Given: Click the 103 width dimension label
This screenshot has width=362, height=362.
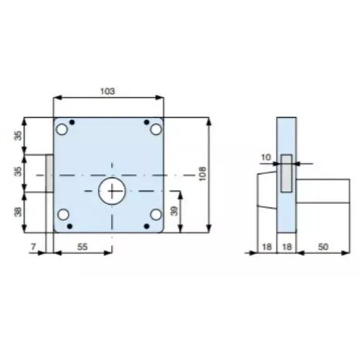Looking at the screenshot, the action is click(x=108, y=91).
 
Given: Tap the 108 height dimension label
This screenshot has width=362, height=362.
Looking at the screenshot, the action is click(x=203, y=174).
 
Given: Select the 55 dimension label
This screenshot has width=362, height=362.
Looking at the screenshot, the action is click(x=82, y=246).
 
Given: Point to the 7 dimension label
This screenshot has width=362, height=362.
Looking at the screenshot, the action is click(x=33, y=246).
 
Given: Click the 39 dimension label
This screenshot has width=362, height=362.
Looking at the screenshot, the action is click(x=174, y=211).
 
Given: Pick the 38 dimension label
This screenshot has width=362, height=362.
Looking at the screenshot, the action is click(x=18, y=212).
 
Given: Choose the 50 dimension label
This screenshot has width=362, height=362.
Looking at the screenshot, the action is click(x=323, y=246).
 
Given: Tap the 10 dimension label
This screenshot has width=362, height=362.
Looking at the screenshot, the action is click(x=266, y=157).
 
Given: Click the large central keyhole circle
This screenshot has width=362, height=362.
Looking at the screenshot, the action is click(x=112, y=191).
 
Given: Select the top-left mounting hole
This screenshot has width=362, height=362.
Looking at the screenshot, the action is click(x=62, y=129).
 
